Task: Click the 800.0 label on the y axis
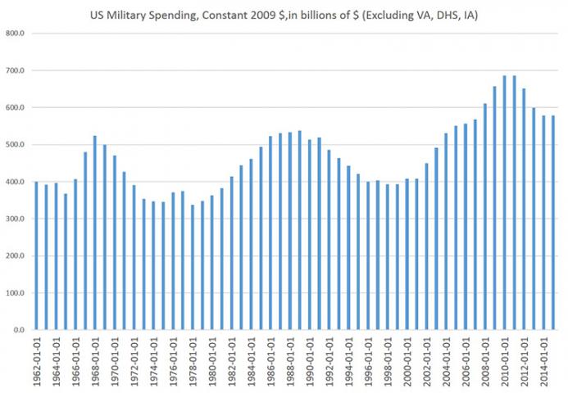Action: coord(15,34)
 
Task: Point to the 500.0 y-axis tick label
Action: coord(15,145)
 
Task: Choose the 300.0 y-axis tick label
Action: coord(15,219)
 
